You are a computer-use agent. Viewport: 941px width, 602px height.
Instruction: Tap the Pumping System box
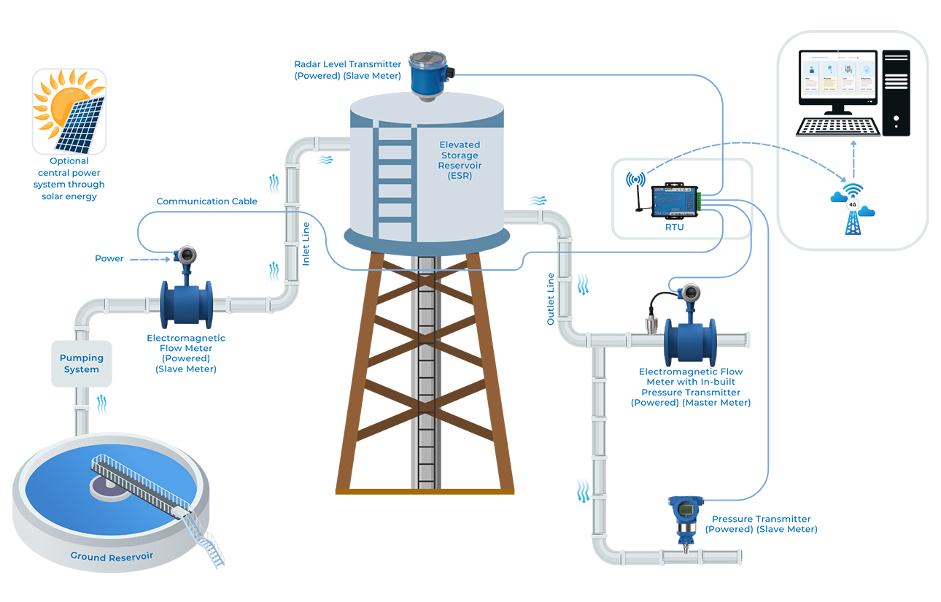click(x=82, y=363)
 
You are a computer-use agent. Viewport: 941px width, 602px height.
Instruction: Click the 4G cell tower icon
click(x=851, y=212)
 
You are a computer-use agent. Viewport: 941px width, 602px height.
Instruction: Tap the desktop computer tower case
click(x=896, y=93)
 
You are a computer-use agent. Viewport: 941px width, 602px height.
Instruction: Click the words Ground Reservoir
click(x=112, y=557)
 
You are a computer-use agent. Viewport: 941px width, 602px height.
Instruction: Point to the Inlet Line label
click(x=306, y=244)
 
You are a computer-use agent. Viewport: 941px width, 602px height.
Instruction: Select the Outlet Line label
click(x=551, y=299)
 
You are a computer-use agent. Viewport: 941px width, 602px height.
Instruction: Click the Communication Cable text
click(x=206, y=201)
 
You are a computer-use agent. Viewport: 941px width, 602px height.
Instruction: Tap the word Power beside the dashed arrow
click(x=109, y=258)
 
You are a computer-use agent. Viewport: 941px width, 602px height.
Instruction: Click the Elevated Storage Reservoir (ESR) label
click(x=460, y=161)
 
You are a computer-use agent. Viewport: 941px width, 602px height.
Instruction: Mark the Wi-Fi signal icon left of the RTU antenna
click(x=635, y=180)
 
